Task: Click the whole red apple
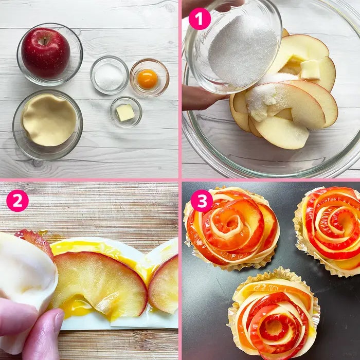46,53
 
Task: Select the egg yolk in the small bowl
147,79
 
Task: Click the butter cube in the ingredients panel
125,113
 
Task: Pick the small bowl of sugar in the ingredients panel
109,75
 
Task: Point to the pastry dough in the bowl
49,120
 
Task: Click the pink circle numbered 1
200,19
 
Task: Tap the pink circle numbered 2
17,201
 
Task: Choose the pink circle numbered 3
202,201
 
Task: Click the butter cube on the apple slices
310,69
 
